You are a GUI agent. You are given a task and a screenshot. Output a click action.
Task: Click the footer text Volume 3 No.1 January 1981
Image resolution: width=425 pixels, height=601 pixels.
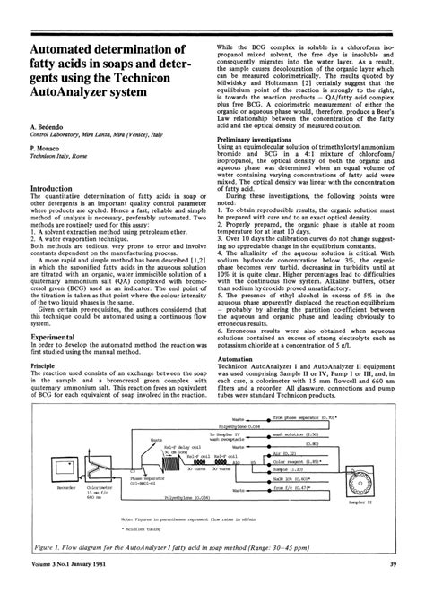(74, 589)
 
